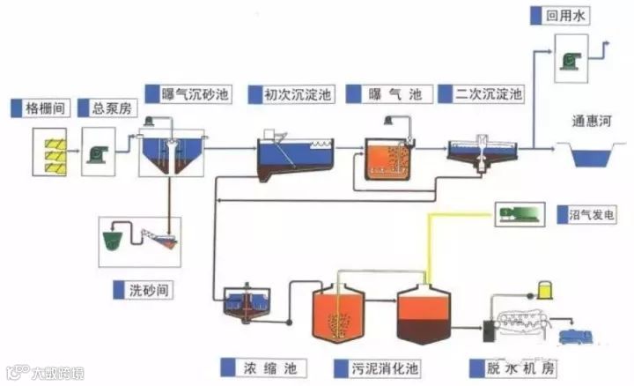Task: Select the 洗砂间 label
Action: (x=147, y=288)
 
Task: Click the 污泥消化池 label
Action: (x=370, y=365)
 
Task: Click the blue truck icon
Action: (x=563, y=334)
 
